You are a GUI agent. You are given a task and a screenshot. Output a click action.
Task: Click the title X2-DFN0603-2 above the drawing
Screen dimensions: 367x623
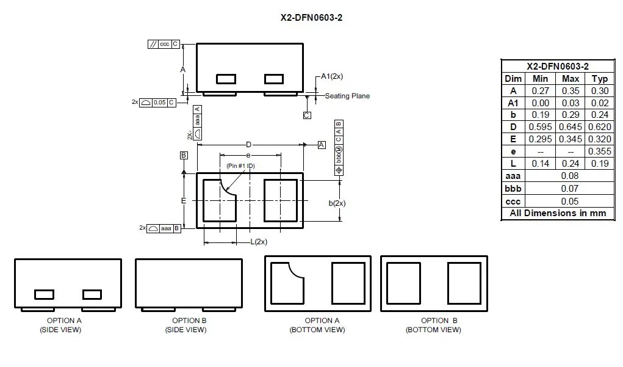coord(311,18)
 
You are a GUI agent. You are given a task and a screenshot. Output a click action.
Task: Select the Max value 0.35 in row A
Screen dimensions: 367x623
coord(570,90)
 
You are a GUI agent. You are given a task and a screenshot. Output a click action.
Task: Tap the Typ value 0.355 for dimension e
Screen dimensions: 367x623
coord(599,151)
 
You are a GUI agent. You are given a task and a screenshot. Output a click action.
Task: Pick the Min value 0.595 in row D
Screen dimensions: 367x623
coord(540,127)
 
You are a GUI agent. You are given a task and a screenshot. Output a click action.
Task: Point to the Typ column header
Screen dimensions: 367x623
coord(599,79)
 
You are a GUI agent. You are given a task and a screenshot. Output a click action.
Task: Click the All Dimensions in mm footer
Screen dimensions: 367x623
coord(558,214)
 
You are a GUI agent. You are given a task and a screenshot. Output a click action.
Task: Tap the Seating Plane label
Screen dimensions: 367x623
coord(347,96)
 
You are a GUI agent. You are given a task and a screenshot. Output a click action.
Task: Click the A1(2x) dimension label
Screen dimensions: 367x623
coord(332,76)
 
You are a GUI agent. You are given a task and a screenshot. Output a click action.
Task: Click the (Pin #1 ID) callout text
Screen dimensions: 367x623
coord(240,166)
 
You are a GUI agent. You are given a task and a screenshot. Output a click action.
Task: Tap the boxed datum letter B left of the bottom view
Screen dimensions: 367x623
coord(184,156)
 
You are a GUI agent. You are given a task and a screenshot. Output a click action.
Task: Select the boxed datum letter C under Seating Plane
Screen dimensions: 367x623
coord(306,115)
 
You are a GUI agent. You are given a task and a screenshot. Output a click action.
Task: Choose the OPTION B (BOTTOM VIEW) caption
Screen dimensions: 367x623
coord(433,325)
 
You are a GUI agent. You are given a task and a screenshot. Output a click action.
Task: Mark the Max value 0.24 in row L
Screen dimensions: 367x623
coord(570,164)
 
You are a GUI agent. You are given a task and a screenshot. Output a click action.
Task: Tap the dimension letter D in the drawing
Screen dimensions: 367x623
coord(248,145)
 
